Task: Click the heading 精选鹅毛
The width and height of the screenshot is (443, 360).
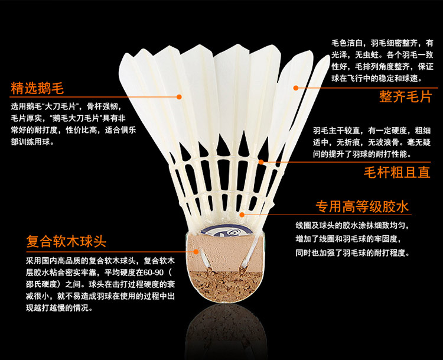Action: (37, 89)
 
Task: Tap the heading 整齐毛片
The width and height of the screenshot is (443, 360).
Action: (406, 96)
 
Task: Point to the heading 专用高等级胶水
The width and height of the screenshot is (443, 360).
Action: (362, 207)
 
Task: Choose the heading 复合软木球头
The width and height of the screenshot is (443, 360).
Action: (66, 242)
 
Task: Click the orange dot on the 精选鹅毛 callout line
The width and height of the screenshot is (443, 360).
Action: (179, 96)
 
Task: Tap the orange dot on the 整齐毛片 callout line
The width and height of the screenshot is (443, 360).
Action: (297, 87)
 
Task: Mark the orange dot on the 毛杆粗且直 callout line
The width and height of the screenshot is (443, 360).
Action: (260, 160)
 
